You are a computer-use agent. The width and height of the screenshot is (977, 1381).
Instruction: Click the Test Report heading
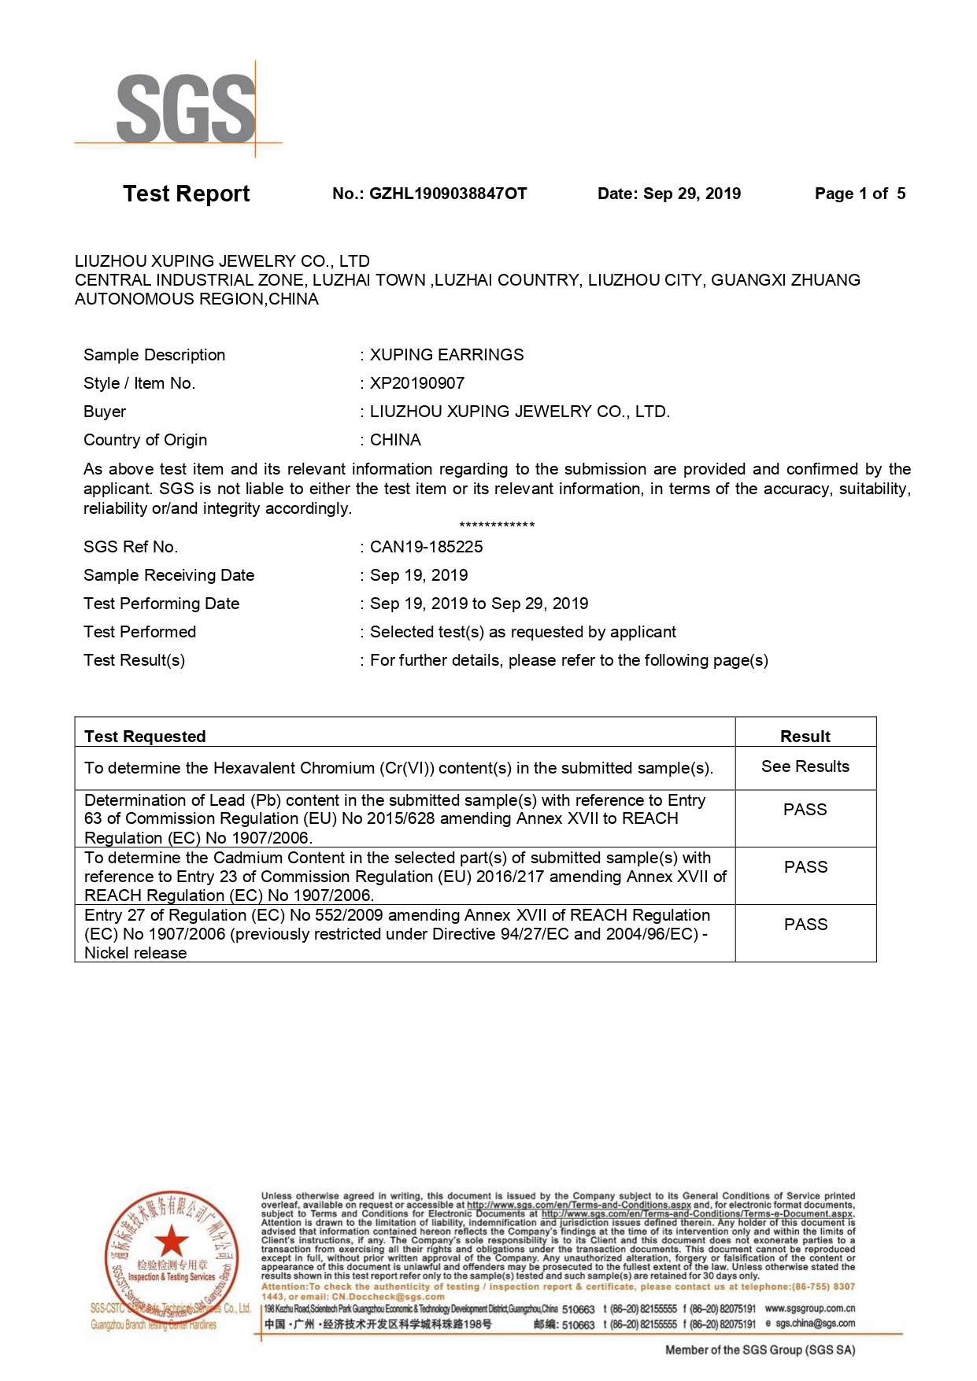pos(186,194)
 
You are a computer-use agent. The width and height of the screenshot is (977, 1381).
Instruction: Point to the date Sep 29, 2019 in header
pos(692,194)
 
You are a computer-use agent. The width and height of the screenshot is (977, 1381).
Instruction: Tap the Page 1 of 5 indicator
pos(860,194)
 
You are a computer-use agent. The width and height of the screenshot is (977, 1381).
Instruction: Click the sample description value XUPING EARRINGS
pos(446,355)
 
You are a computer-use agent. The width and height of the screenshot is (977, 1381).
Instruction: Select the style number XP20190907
pos(417,383)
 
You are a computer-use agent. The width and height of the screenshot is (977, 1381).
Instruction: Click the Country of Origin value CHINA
pos(395,440)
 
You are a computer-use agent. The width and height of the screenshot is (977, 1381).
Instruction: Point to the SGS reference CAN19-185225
pos(426,547)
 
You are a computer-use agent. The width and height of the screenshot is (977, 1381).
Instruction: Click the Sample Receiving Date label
pos(168,575)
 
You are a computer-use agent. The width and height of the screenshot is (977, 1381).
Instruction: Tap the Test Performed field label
pos(139,632)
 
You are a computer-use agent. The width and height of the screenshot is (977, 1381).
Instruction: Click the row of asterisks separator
pos(497,525)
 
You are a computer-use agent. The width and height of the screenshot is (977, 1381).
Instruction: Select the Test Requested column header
pos(145,737)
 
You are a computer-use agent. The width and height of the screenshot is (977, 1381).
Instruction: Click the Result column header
pos(805,737)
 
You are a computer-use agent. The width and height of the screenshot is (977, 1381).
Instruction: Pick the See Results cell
pos(805,766)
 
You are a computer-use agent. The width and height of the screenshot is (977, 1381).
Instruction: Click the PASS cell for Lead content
pos(805,810)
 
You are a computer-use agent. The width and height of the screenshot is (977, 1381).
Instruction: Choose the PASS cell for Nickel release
pos(805,925)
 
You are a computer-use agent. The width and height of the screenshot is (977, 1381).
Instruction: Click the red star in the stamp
pos(171,1242)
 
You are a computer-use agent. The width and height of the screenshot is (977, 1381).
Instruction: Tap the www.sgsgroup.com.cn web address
pos(809,1309)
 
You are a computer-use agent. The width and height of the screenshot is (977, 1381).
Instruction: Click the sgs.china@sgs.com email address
pos(815,1324)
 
